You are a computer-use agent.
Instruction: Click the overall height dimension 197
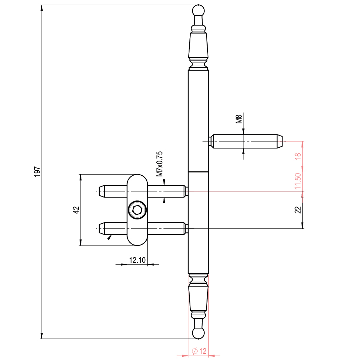(37, 171)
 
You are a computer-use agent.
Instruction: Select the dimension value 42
(76, 210)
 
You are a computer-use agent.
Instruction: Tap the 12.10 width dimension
(137, 260)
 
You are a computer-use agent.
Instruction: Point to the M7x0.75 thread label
(160, 164)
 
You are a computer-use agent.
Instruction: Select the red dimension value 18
(297, 157)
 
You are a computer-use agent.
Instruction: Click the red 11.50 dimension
(297, 181)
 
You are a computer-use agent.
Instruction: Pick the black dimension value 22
(297, 210)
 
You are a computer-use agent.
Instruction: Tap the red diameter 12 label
(199, 351)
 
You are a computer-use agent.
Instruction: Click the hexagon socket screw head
(137, 210)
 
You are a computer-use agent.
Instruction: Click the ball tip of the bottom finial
(198, 333)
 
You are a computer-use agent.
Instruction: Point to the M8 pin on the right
(246, 141)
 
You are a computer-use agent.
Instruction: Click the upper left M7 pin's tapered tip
(101, 191)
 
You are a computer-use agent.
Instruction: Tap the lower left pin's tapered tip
(101, 228)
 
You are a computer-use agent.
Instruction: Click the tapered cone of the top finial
(198, 45)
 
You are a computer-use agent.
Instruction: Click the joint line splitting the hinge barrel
(198, 172)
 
